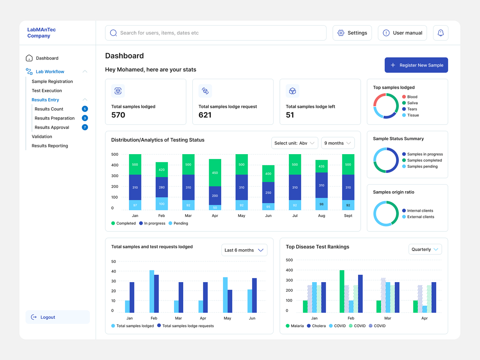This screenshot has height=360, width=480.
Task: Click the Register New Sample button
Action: [416, 65]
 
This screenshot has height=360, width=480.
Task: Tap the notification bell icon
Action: [440, 33]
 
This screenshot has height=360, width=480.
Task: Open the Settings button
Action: [352, 33]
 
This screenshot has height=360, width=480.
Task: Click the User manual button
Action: [402, 33]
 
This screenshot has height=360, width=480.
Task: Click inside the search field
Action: [216, 33]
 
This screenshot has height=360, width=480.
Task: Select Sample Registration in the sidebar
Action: [52, 82]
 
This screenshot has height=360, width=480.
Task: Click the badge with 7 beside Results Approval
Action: [85, 127]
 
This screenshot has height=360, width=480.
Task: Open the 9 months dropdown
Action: [338, 143]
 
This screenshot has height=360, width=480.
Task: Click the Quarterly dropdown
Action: [425, 250]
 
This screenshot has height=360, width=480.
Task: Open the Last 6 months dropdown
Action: [244, 250]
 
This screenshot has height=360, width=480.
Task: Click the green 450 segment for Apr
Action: [215, 173]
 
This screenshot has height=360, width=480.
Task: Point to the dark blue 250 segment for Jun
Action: [268, 192]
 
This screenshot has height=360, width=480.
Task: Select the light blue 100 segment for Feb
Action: [162, 204]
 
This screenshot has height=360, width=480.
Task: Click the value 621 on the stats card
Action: [205, 115]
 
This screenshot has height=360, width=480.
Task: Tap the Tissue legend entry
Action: [412, 115]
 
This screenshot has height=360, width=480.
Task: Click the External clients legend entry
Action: [420, 217]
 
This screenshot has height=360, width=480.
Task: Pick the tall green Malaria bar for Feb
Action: [342, 291]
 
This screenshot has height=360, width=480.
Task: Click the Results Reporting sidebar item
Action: [50, 146]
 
